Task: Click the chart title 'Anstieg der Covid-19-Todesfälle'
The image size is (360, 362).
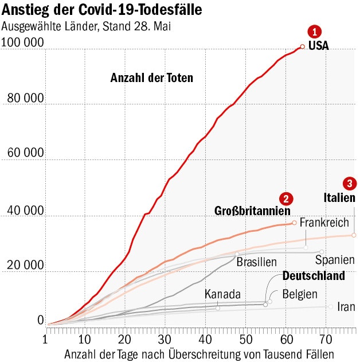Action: pyautogui.click(x=102, y=10)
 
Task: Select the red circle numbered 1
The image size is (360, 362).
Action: pyautogui.click(x=315, y=32)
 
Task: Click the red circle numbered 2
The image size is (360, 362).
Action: pyautogui.click(x=286, y=198)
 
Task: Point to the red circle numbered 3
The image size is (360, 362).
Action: pyautogui.click(x=349, y=184)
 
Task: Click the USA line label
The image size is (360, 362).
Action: pyautogui.click(x=319, y=46)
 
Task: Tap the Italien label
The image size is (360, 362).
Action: pyautogui.click(x=339, y=198)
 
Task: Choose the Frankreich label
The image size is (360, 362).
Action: pyautogui.click(x=324, y=221)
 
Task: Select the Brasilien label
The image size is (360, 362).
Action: pyautogui.click(x=257, y=262)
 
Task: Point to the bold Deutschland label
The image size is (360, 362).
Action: pyautogui.click(x=314, y=276)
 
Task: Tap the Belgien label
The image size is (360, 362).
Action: pyautogui.click(x=300, y=294)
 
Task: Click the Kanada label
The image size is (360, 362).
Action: pyautogui.click(x=222, y=294)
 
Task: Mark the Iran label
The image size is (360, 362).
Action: pyautogui.click(x=346, y=306)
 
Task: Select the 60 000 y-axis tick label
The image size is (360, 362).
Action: pyautogui.click(x=25, y=153)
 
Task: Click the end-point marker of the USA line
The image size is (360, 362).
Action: pyautogui.click(x=302, y=47)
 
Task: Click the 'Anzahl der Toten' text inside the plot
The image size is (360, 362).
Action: pyautogui.click(x=152, y=78)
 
